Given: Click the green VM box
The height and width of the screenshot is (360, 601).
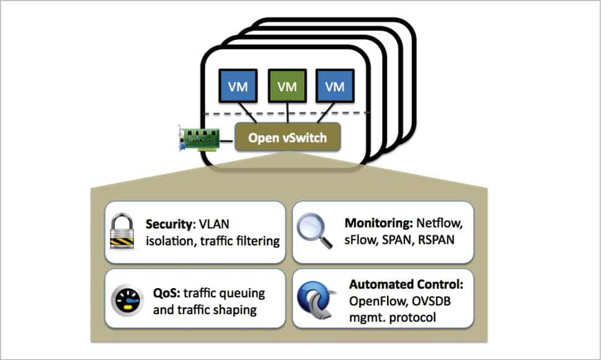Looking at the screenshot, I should click(287, 86).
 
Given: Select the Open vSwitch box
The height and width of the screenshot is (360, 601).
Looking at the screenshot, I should click(287, 138).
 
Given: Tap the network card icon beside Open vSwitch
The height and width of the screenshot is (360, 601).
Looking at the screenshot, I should click(198, 139).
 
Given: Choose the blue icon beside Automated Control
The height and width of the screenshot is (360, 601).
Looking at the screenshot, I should click(317, 300).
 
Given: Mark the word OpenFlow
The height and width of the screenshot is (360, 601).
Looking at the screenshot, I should click(374, 301).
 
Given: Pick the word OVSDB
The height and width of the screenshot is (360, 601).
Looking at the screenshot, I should click(427, 301).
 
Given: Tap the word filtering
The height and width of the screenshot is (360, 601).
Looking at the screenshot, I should click(255, 240).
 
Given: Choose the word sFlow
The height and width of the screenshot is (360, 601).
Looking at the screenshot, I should click(358, 240).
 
